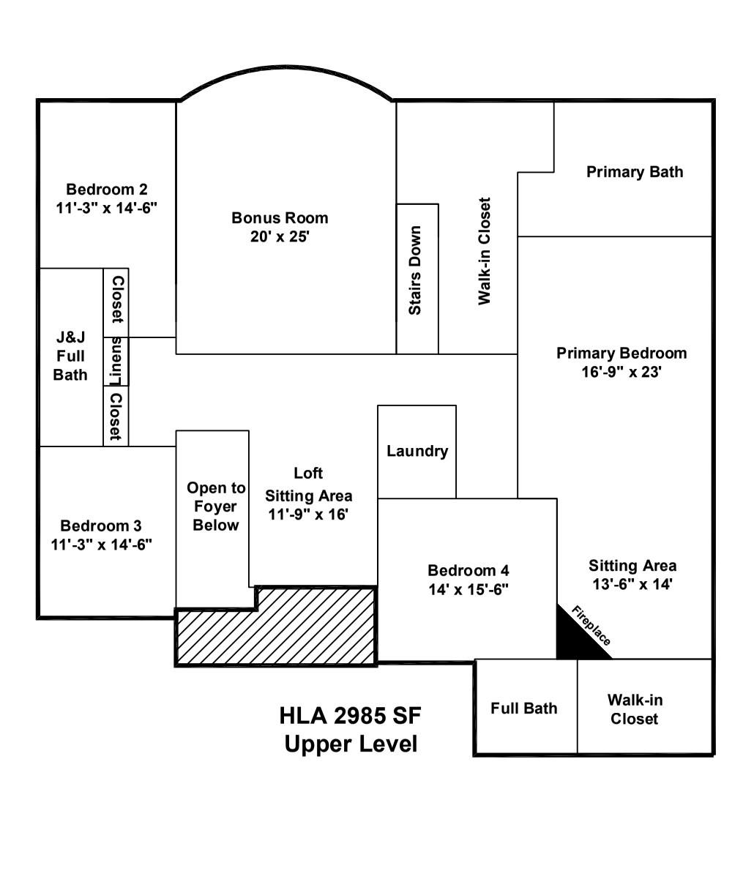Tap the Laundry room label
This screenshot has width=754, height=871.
tap(417, 452)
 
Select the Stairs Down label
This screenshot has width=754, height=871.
tap(415, 270)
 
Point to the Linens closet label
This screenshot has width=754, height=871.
tap(116, 361)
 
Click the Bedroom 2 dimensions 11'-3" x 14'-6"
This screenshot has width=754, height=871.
tap(107, 208)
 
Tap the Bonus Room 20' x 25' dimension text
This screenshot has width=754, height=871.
tap(280, 236)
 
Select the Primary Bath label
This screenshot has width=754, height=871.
tap(635, 172)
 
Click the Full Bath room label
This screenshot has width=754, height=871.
tap(524, 709)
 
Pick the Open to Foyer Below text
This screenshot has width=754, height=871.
tap(216, 506)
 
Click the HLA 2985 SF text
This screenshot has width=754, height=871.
tap(351, 715)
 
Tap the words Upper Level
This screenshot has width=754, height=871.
tap(351, 744)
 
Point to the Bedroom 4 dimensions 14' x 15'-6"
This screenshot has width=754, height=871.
tap(469, 589)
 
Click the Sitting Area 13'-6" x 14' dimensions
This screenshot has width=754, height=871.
tap(632, 584)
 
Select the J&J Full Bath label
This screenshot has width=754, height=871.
tap(70, 356)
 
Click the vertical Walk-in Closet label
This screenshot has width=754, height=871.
tap(484, 251)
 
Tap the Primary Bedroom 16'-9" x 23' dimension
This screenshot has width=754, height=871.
tap(622, 372)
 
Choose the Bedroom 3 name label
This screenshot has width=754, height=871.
tap(101, 526)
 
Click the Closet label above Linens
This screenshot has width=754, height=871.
tap(116, 299)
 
